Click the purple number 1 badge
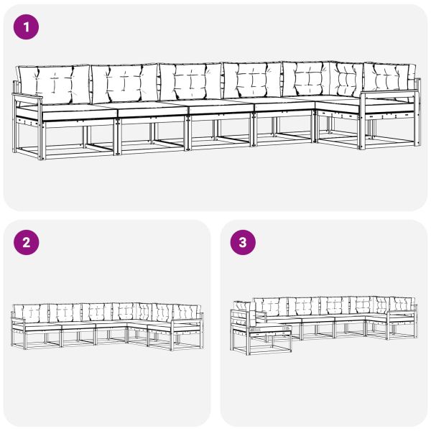click(27, 27)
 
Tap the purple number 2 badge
click(27, 242)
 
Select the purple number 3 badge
click(242, 242)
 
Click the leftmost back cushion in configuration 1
click(53, 83)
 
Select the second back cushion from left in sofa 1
click(124, 83)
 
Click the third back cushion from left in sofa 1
click(190, 81)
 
